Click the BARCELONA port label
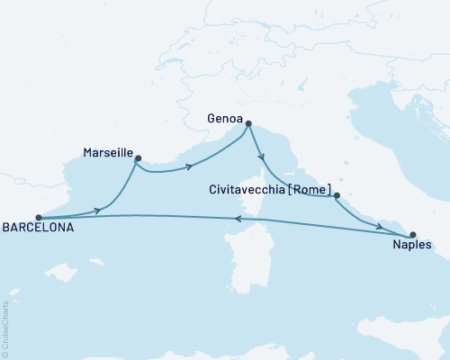37,229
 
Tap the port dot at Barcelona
38,217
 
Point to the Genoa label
223,117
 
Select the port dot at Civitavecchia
337,195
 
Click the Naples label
413,244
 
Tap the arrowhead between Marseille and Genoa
189,166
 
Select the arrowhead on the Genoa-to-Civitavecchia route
262,157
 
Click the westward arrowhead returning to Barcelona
236,219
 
